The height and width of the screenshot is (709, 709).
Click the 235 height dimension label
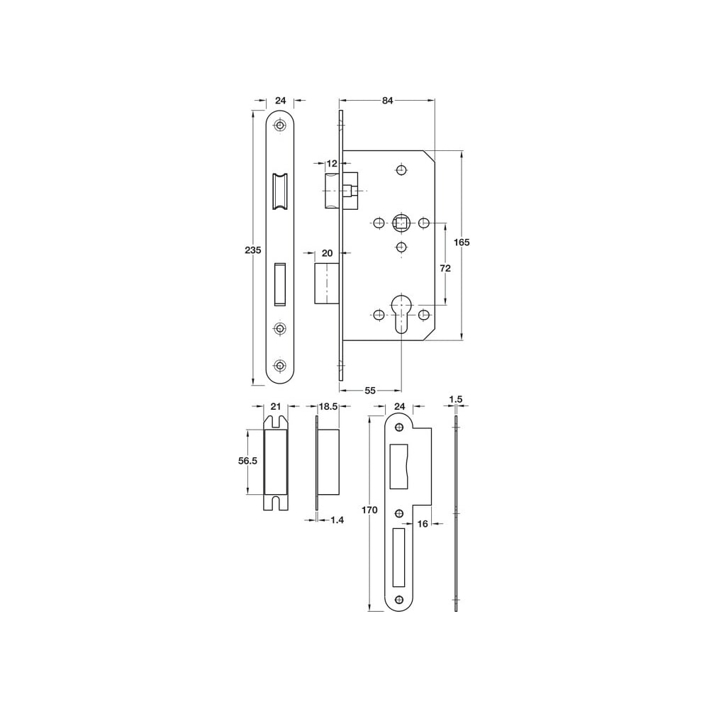[x=253, y=250]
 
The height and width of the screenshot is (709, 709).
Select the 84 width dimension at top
[x=388, y=101]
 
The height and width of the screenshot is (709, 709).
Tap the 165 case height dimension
[x=462, y=242]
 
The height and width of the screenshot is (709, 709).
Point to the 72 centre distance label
[x=445, y=269]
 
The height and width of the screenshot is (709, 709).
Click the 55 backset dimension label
[x=370, y=390]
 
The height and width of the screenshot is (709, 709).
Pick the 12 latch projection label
[x=333, y=163]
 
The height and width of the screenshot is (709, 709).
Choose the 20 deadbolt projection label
[x=327, y=253]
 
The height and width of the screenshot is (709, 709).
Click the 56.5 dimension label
[x=247, y=461]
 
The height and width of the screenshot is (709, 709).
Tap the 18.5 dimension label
[x=328, y=406]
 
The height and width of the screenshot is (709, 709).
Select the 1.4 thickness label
[x=337, y=520]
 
